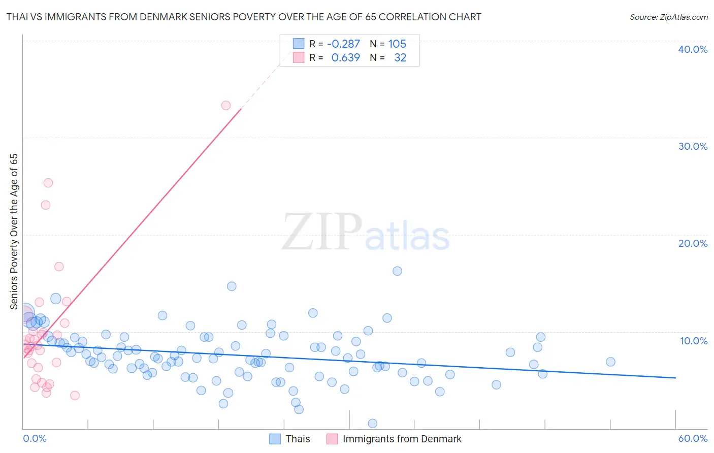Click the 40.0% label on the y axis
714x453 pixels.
[692, 49]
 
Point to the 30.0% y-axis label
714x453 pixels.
[692, 146]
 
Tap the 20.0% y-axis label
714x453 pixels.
[692, 243]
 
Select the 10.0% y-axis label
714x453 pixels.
[693, 341]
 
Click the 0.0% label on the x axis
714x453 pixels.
[35, 438]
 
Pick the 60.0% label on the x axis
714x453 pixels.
[693, 438]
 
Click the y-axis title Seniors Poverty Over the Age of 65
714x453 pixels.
[14, 231]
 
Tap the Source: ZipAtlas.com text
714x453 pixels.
[668, 17]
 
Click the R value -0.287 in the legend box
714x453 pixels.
[343, 44]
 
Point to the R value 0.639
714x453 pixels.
[345, 58]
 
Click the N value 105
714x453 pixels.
[397, 44]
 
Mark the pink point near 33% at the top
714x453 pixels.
[226, 106]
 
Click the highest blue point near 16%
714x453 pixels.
[397, 271]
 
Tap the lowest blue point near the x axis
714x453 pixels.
[372, 424]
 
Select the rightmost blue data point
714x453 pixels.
[610, 362]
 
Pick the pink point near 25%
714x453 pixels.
[48, 183]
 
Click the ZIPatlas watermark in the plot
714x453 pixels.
[366, 233]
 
